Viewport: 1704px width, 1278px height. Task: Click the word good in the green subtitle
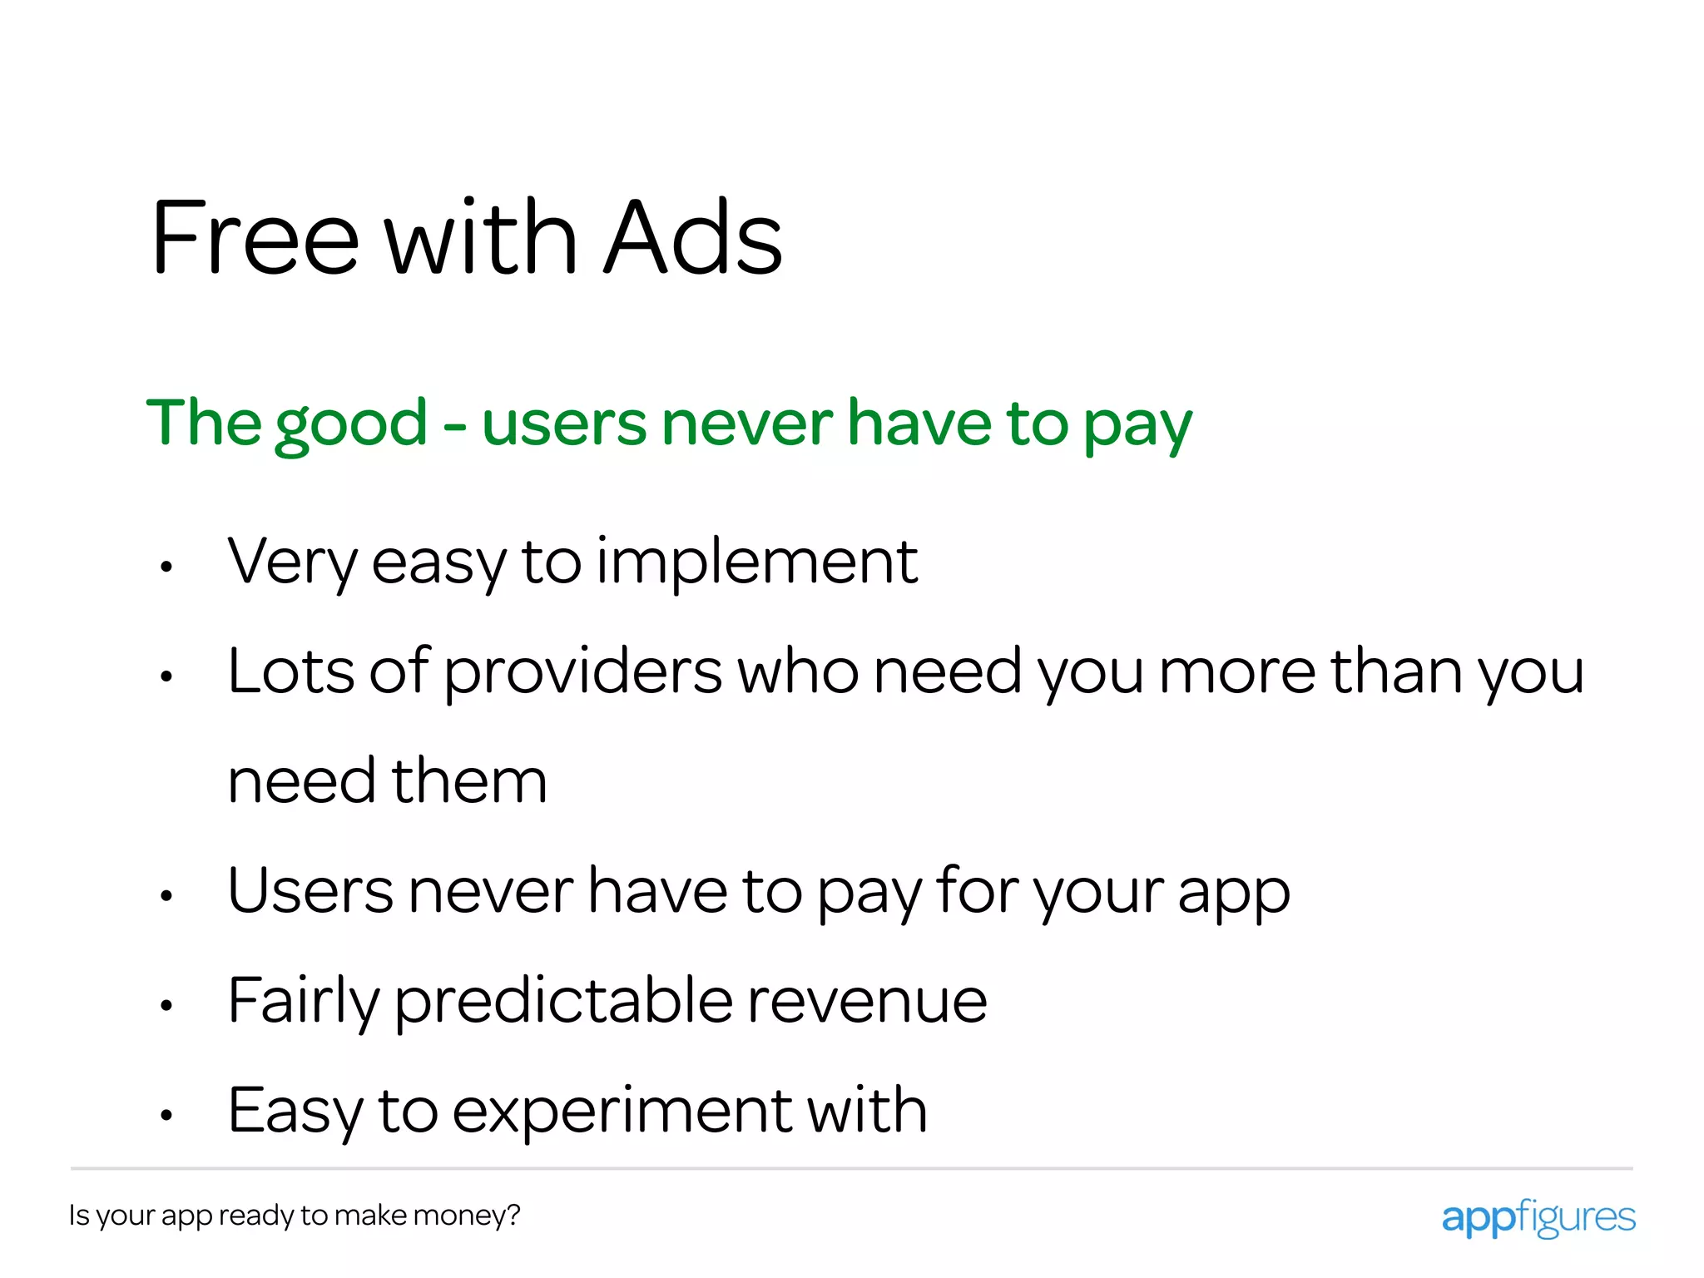351,424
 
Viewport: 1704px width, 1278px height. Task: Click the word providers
582,672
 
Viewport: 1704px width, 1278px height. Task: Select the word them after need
469,781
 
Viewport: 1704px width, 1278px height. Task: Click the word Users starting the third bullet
310,891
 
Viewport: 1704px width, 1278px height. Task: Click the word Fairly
303,1002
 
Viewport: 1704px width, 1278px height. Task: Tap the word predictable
563,1002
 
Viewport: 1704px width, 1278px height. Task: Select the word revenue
867,1002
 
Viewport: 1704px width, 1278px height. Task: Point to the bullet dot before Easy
166,1115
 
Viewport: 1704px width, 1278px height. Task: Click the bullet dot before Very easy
166,567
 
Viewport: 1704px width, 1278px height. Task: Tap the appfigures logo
1538,1218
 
